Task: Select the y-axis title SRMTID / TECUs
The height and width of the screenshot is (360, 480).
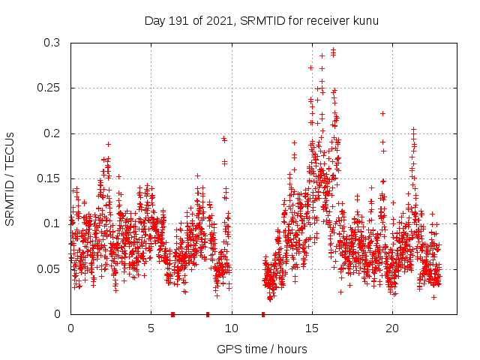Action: tap(10, 178)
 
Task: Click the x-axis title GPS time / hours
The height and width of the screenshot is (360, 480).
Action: tap(262, 349)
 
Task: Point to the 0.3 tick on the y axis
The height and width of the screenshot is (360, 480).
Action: tap(52, 43)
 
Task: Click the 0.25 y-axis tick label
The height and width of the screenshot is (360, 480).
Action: tap(49, 88)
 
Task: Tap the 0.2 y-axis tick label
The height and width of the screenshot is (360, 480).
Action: tap(52, 133)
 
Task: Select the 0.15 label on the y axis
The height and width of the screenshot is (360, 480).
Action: tap(49, 178)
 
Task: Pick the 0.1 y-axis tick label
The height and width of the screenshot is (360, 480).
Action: tap(52, 223)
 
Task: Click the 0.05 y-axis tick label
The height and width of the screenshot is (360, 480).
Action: tap(49, 268)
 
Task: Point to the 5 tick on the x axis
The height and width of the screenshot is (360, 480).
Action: tap(151, 328)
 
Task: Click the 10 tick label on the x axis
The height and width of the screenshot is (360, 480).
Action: tap(232, 328)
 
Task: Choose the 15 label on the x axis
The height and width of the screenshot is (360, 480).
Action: tap(312, 328)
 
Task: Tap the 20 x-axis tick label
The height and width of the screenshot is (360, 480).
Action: tap(392, 328)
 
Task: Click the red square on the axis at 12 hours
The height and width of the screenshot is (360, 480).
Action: tap(263, 314)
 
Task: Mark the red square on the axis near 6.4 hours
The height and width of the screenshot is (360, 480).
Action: tap(173, 314)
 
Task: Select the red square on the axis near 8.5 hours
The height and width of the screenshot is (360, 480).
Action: tap(208, 314)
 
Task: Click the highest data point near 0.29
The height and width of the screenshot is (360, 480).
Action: tap(333, 50)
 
